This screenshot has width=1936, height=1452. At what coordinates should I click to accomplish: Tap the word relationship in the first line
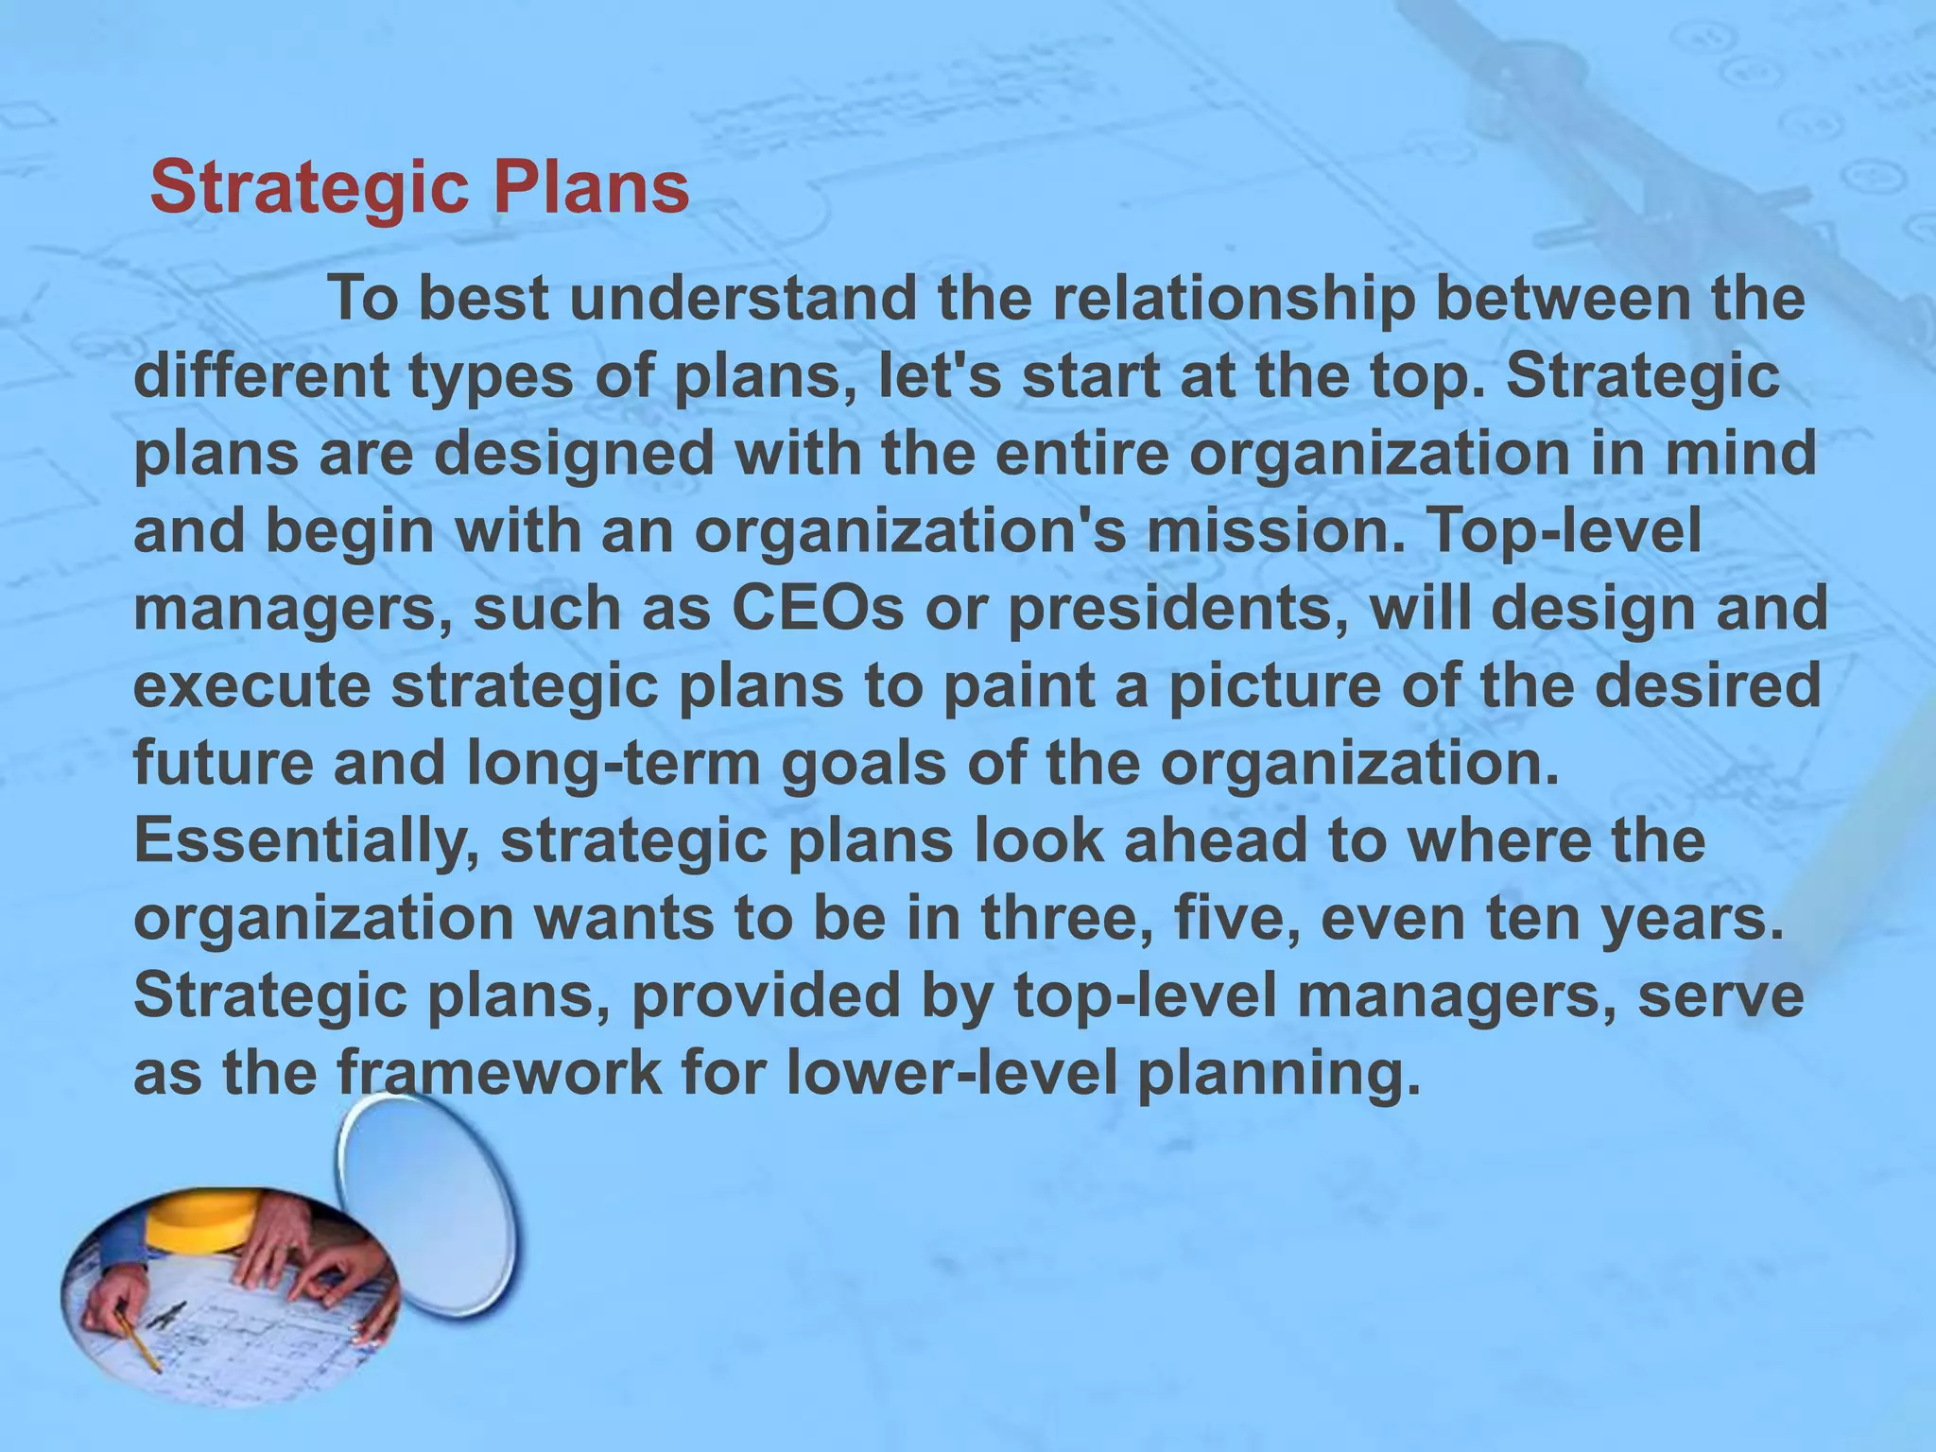[1233, 300]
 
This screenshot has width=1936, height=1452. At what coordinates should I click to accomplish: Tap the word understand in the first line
[743, 300]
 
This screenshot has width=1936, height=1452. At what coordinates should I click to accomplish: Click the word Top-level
[1565, 532]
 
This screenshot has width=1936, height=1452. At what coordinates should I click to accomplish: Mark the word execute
[251, 687]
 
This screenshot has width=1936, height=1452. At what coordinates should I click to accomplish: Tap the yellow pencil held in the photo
[140, 1342]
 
